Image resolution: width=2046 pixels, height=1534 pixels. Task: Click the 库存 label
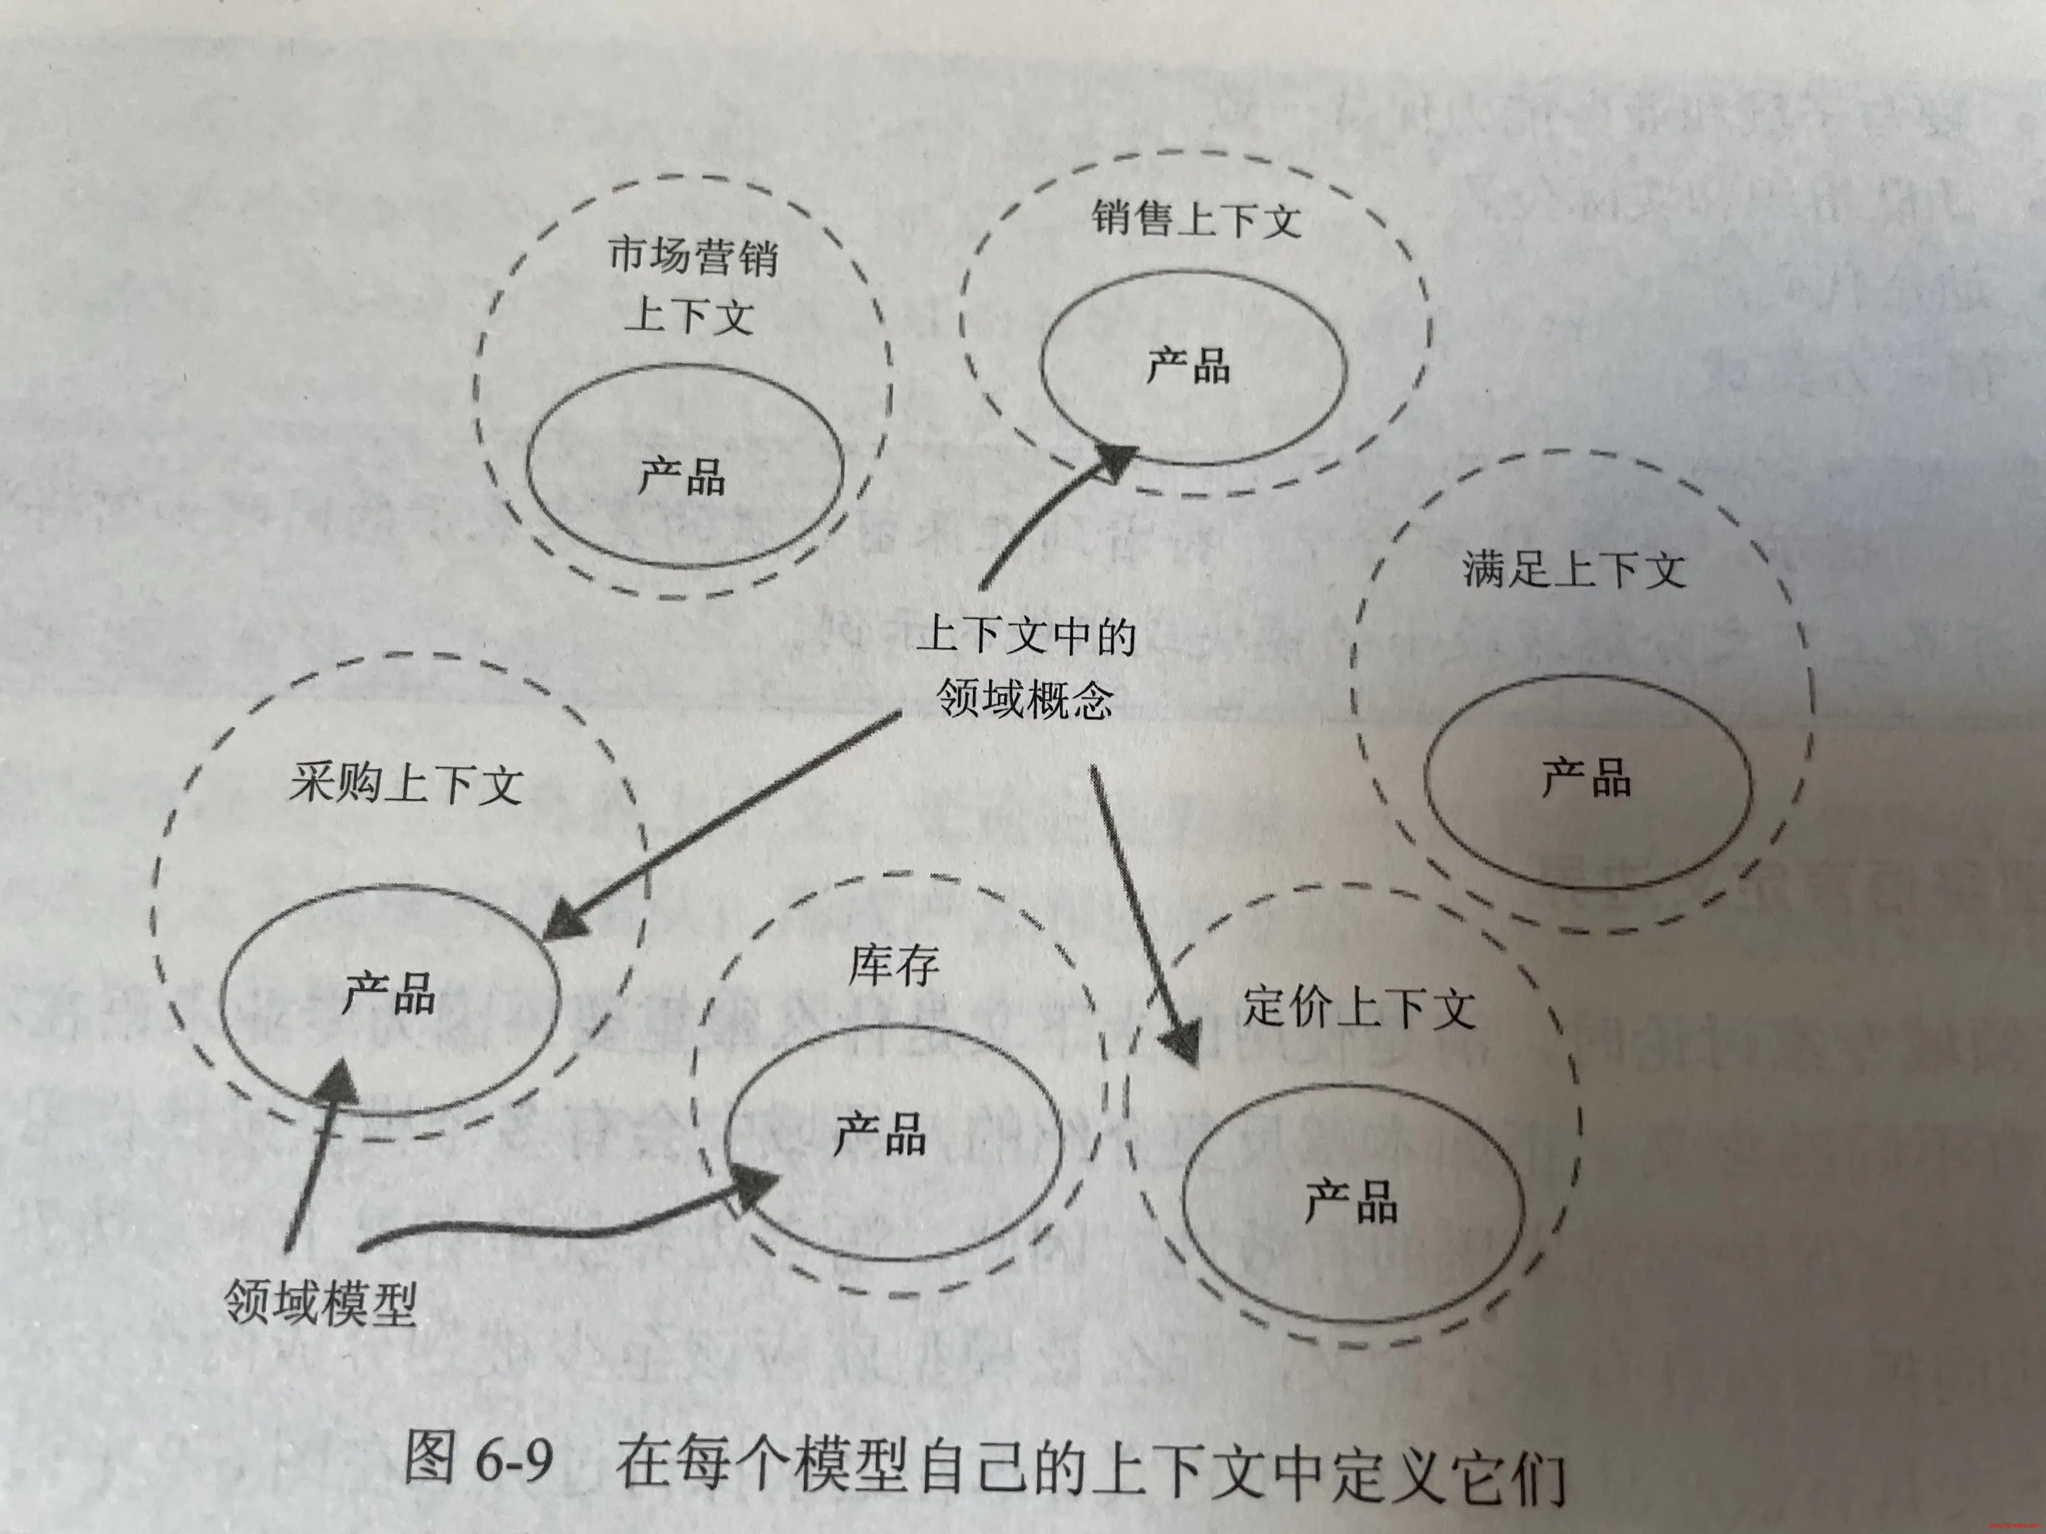pyautogui.click(x=894, y=966)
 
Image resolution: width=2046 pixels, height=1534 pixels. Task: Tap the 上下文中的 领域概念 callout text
pyautogui.click(x=1025, y=668)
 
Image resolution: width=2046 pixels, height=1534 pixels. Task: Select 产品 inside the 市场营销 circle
pyautogui.click(x=681, y=477)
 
